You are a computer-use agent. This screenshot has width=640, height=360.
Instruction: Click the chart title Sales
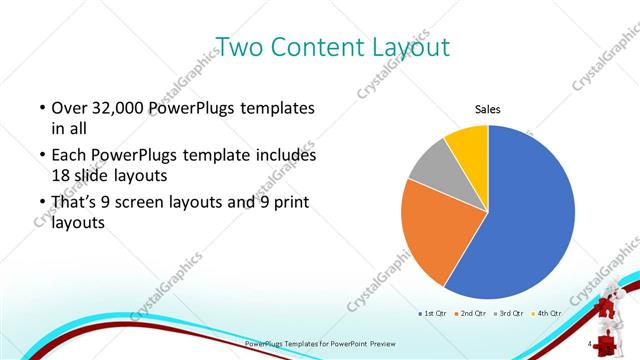(x=487, y=111)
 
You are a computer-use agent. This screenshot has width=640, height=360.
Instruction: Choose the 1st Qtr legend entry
(x=434, y=314)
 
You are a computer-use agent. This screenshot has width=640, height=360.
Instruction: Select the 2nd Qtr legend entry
(x=474, y=314)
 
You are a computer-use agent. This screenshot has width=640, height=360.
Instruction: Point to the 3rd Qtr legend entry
(x=514, y=314)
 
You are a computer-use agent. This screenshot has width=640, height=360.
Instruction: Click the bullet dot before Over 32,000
(x=41, y=108)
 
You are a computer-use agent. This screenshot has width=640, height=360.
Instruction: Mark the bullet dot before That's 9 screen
(x=41, y=203)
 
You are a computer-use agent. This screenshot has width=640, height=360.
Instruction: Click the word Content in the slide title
(x=319, y=46)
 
